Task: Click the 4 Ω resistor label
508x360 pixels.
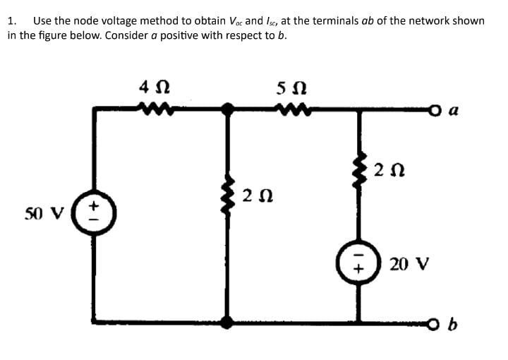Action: pos(153,88)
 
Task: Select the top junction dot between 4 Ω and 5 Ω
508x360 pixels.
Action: pos(227,109)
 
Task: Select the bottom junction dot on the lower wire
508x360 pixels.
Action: pos(227,323)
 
